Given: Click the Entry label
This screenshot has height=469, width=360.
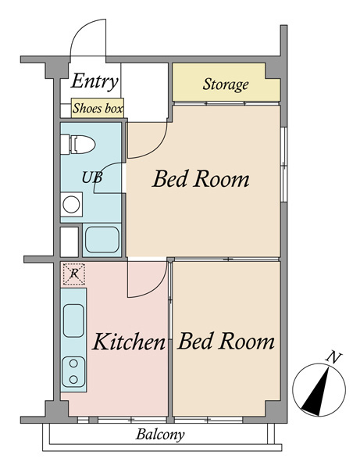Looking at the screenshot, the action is tap(94, 81).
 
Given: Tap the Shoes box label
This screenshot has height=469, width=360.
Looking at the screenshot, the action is tap(98, 109).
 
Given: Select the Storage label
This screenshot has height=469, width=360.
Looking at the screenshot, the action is tap(226, 84).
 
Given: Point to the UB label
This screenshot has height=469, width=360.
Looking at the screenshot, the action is tap(92, 177).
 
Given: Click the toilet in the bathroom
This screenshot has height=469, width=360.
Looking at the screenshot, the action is tap(77, 144).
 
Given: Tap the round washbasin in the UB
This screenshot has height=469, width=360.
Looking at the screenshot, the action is tap(71, 205).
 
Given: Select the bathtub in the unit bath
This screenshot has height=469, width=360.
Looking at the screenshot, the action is tap(102, 240).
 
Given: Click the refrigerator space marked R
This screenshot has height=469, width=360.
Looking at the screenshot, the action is tap(74, 274).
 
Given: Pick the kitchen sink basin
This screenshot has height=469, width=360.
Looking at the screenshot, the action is tap(73, 320).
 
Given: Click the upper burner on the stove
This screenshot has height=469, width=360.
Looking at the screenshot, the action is tap(73, 363).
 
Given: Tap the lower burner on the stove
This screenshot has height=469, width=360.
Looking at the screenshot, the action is tap(73, 380).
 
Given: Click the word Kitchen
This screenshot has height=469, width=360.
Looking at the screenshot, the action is tap(129, 342).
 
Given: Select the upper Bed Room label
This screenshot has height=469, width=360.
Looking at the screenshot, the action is tap(201, 179).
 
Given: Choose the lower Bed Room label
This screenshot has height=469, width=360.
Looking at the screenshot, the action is tap(226, 341).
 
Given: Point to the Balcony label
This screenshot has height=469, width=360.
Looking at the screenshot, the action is tap(160, 435).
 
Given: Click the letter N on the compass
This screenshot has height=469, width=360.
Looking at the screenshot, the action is tap(333, 358).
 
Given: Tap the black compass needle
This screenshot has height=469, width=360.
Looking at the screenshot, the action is tap(317, 392).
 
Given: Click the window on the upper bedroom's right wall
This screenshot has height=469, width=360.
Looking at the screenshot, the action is tap(283, 164).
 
